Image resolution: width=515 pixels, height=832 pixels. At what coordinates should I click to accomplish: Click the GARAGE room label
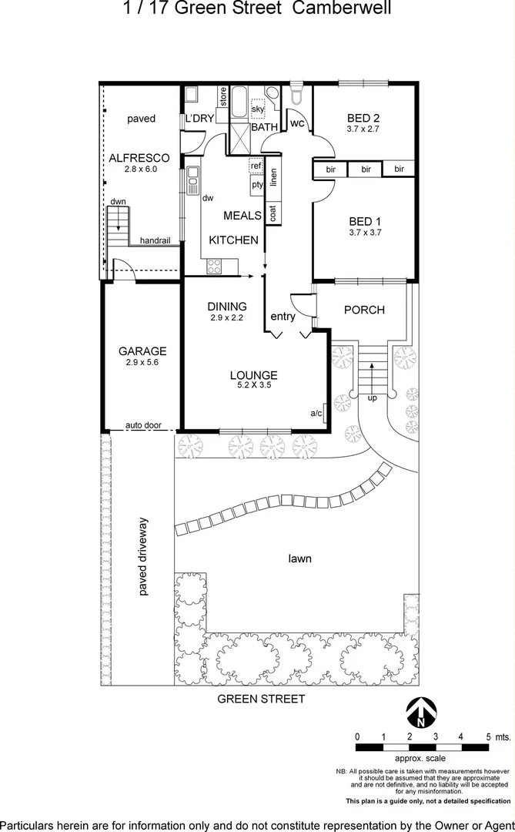click(x=142, y=351)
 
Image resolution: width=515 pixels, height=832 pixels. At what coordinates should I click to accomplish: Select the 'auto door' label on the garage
click(x=143, y=424)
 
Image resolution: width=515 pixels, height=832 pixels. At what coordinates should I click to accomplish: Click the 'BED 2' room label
click(x=363, y=118)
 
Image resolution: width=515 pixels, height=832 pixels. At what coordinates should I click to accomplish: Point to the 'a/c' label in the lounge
click(x=316, y=414)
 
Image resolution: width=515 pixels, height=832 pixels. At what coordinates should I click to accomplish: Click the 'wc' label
click(x=297, y=122)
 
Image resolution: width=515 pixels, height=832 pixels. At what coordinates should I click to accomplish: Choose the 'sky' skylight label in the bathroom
click(x=257, y=110)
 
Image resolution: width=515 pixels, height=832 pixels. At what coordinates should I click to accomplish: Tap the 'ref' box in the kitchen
click(x=256, y=166)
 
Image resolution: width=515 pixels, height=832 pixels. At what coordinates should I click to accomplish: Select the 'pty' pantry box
click(x=256, y=185)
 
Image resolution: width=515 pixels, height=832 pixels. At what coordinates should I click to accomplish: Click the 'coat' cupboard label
click(x=273, y=213)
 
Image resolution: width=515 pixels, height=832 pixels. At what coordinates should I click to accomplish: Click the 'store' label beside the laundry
click(x=222, y=98)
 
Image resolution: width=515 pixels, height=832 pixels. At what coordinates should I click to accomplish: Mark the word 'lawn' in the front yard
click(x=299, y=559)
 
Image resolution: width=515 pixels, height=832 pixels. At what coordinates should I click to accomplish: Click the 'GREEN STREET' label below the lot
click(x=261, y=699)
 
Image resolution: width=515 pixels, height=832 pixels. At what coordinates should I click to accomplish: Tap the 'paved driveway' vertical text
click(x=143, y=557)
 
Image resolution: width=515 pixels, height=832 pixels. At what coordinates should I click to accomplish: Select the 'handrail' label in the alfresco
click(x=155, y=240)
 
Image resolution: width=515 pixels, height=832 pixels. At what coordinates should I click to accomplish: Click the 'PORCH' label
click(x=363, y=310)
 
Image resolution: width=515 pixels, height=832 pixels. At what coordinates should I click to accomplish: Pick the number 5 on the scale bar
click(x=488, y=737)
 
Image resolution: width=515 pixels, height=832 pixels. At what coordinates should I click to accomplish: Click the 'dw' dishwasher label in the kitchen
click(x=207, y=198)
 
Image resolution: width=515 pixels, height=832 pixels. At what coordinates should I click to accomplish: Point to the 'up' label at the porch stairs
click(x=373, y=398)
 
